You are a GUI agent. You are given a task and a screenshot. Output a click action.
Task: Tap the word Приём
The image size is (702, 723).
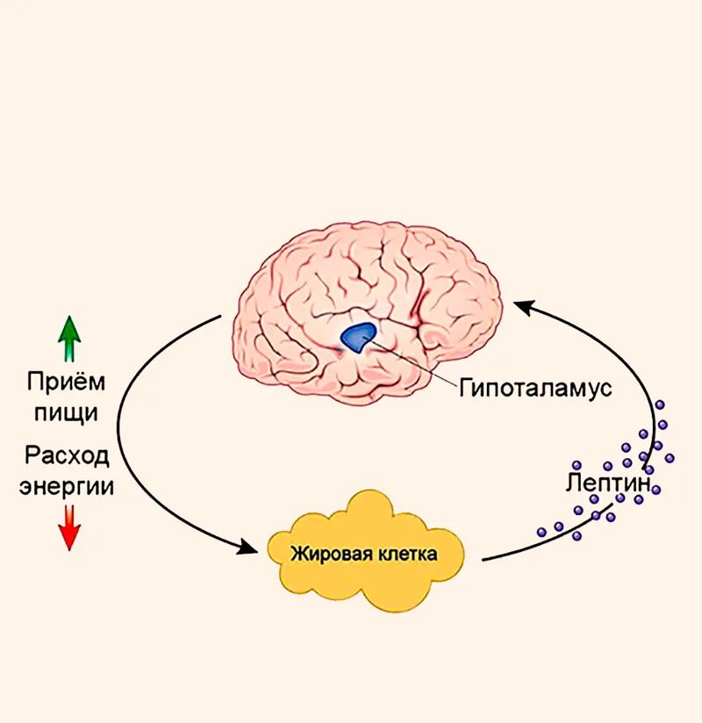[x=66, y=383]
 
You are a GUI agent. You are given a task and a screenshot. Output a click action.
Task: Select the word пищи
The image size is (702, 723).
[x=67, y=412]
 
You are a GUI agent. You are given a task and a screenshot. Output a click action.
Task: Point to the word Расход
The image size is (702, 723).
[x=68, y=456]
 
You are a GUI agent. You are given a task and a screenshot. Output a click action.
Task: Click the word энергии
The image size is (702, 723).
[x=68, y=486]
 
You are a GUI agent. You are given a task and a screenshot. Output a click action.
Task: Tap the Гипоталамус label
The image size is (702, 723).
[x=534, y=388]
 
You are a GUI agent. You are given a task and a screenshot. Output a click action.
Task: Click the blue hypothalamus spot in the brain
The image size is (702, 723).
[x=358, y=337]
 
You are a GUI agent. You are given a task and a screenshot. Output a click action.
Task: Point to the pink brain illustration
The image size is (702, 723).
[x=369, y=290]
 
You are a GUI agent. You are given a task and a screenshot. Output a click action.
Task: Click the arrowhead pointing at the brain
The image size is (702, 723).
[x=523, y=306]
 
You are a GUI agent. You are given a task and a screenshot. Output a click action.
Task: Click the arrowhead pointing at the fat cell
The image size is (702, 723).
[x=254, y=548]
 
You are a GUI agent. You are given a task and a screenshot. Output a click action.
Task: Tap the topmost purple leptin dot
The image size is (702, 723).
[x=660, y=404]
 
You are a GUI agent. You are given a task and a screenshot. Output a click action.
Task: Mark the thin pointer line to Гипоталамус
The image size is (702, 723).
[x=412, y=362]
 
